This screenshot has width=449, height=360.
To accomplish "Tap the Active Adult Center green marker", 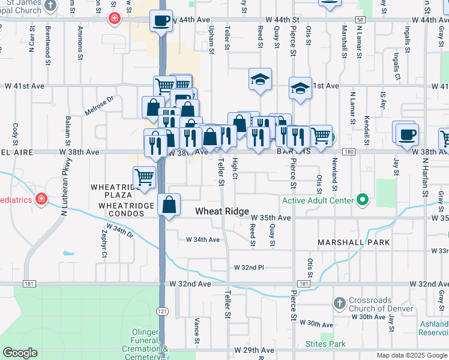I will click(361, 199).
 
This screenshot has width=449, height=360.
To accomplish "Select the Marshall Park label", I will click(354, 242).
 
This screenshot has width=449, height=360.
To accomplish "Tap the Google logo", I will click(20, 353).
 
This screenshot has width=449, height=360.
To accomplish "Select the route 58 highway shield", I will click(360, 20).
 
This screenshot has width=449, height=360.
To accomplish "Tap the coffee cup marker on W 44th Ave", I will click(161, 21).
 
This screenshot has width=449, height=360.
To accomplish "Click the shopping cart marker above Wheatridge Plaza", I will click(144, 177).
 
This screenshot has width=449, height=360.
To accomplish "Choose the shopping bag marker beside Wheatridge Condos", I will click(170, 205).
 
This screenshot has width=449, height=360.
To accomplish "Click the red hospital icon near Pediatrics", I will click(41, 199).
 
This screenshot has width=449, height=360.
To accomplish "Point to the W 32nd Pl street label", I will click(248, 266).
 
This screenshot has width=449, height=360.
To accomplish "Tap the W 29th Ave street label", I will click(255, 350).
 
